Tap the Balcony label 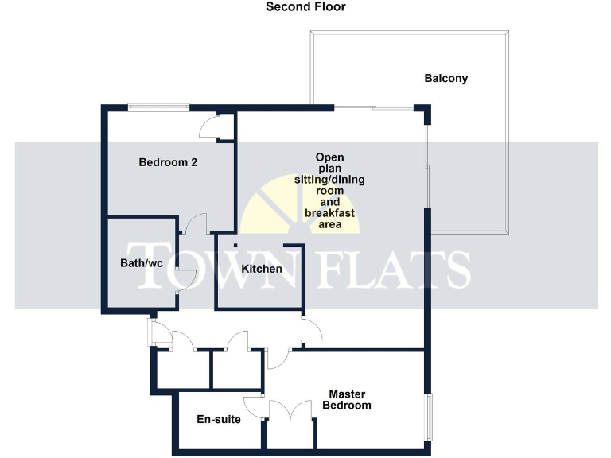click(x=446, y=79)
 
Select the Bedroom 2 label click(x=168, y=162)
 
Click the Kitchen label click(x=261, y=269)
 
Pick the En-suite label click(x=219, y=419)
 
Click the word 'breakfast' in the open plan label click(x=329, y=214)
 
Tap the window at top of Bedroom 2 click(x=159, y=106)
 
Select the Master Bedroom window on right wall click(x=428, y=417)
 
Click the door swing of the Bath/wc click(x=185, y=280)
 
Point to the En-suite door click(x=254, y=406)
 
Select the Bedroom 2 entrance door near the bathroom click(x=196, y=223)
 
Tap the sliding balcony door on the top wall click(x=372, y=107)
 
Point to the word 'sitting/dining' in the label click(x=329, y=180)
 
